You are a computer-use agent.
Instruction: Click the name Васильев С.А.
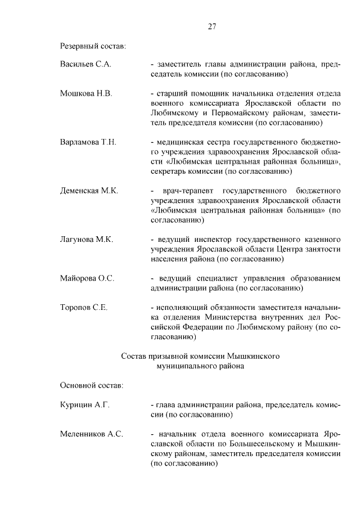point(85,65)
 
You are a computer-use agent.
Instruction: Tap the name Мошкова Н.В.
point(86,93)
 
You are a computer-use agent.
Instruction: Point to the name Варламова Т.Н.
point(88,142)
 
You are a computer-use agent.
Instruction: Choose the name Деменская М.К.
point(89,191)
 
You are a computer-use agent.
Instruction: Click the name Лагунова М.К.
point(87,240)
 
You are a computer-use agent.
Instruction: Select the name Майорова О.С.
point(87,278)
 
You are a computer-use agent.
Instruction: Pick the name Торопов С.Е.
point(84,308)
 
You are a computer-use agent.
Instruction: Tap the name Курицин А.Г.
point(85,405)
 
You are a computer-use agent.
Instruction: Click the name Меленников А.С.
point(92,434)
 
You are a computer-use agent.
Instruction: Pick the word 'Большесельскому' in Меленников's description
point(243,444)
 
